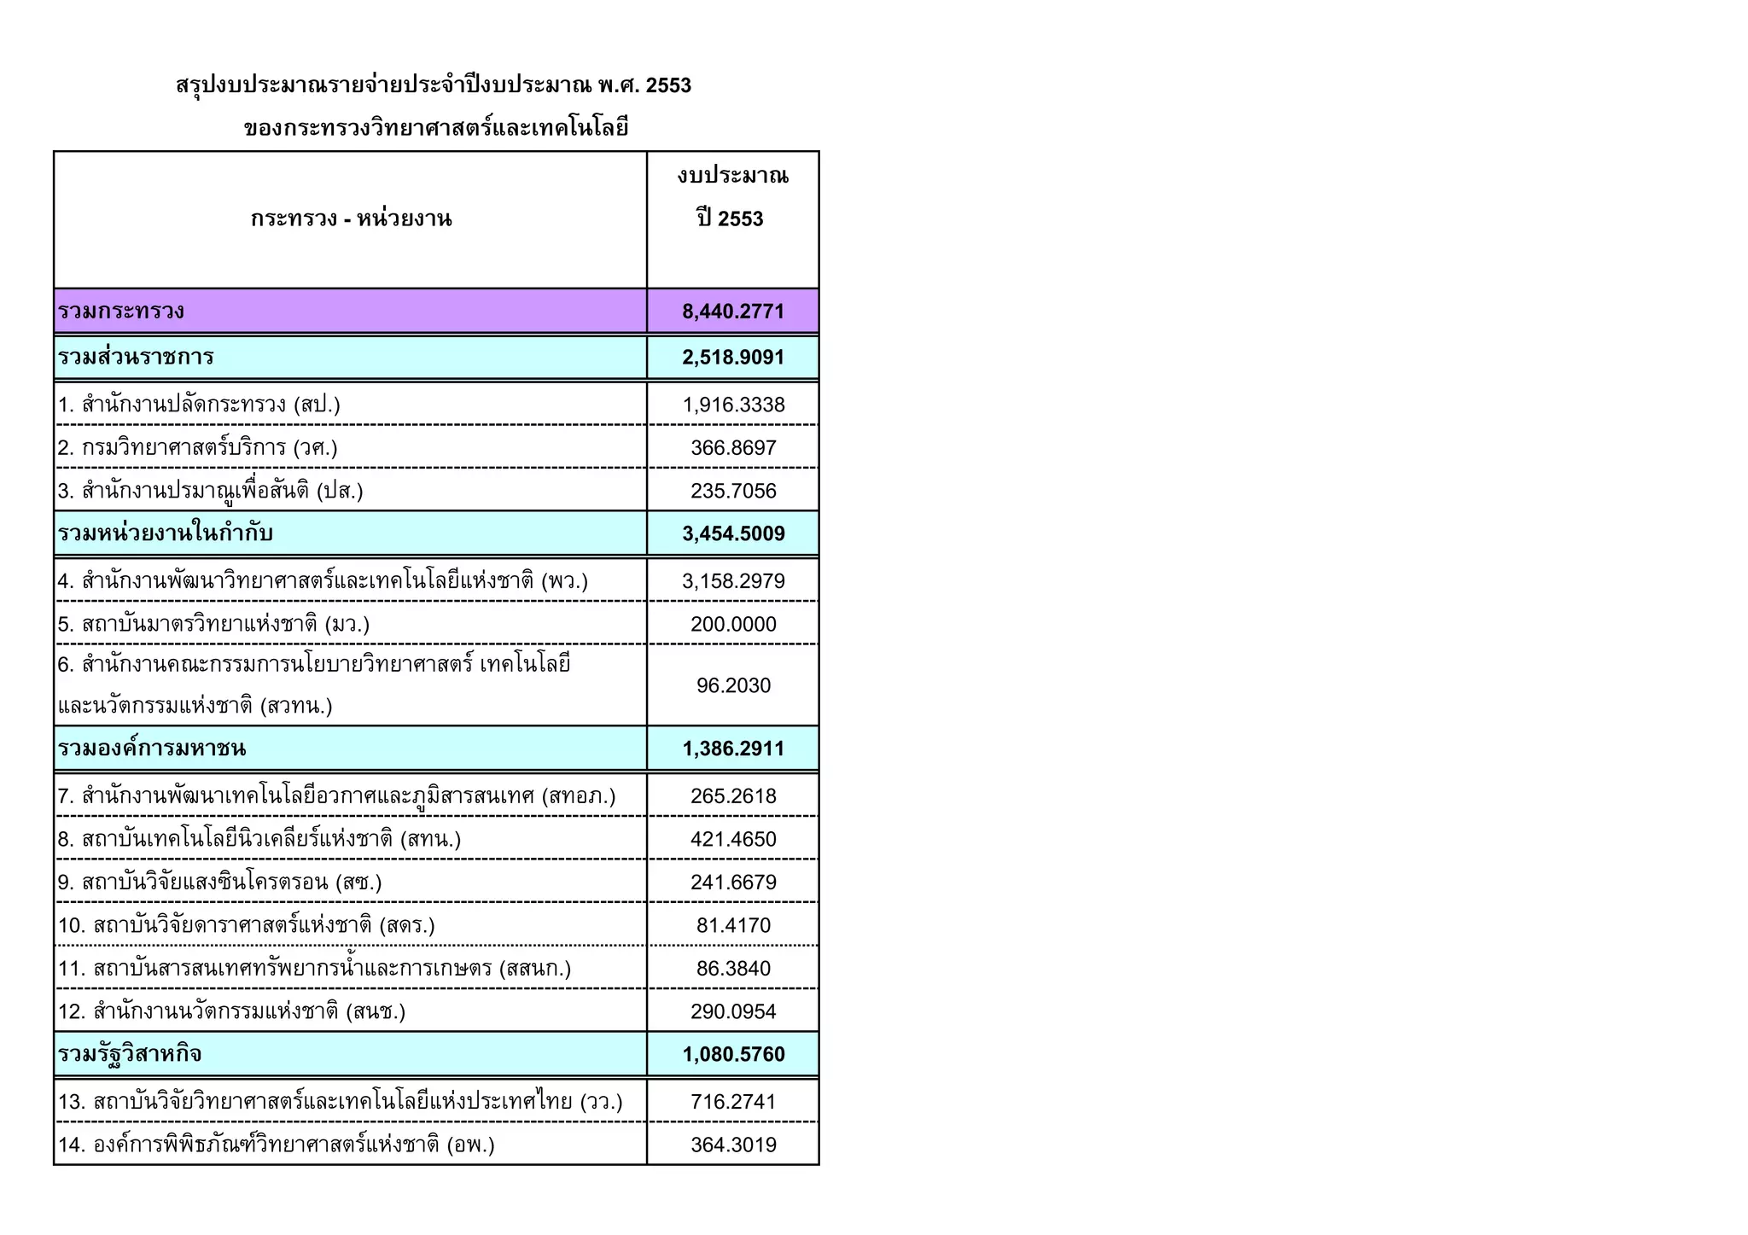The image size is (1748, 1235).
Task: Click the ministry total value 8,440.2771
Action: pos(732,312)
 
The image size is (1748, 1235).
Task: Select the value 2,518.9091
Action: pos(732,358)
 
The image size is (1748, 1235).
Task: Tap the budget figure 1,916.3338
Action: pos(732,405)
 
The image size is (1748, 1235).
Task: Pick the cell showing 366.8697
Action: pos(732,448)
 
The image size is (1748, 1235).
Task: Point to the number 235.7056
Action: pos(732,491)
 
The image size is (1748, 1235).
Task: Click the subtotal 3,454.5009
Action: pos(732,534)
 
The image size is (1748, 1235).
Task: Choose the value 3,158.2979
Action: pos(732,581)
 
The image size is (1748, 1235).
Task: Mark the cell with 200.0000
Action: pos(732,625)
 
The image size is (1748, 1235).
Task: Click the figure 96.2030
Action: pos(732,686)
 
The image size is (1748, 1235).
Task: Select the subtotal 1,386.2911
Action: pos(732,749)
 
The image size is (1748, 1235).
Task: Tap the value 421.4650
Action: pos(732,840)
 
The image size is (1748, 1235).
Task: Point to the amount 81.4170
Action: pos(732,926)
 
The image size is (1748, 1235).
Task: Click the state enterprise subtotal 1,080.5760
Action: pos(732,1055)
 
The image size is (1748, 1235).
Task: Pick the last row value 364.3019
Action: pos(732,1145)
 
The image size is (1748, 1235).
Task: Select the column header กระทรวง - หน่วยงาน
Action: pos(351,219)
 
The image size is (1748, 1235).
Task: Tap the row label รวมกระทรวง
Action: pos(121,312)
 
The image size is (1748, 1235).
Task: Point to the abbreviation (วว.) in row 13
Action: pos(601,1103)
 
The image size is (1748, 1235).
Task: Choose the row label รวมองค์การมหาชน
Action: pos(152,749)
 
